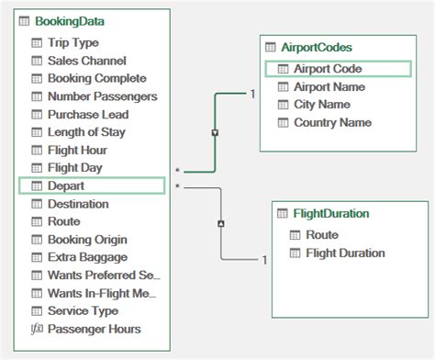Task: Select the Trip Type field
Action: pyautogui.click(x=72, y=42)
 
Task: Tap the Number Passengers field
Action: pyautogui.click(x=101, y=96)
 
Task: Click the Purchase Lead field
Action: pyautogui.click(x=87, y=115)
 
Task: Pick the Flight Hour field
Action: pyautogui.click(x=77, y=150)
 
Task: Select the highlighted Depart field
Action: pyautogui.click(x=66, y=186)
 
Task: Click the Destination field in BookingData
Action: pyautogui.click(x=77, y=204)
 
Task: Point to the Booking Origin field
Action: pyautogui.click(x=88, y=240)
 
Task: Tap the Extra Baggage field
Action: pyautogui.click(x=87, y=257)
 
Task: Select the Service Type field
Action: pyautogui.click(x=83, y=311)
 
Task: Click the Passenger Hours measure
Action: pyautogui.click(x=94, y=329)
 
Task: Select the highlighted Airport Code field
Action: pyautogui.click(x=328, y=68)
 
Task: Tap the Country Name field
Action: pyautogui.click(x=332, y=121)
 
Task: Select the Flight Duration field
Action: pyautogui.click(x=344, y=253)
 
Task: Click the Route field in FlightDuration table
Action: pyautogui.click(x=321, y=234)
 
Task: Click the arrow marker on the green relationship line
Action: pyautogui.click(x=215, y=132)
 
